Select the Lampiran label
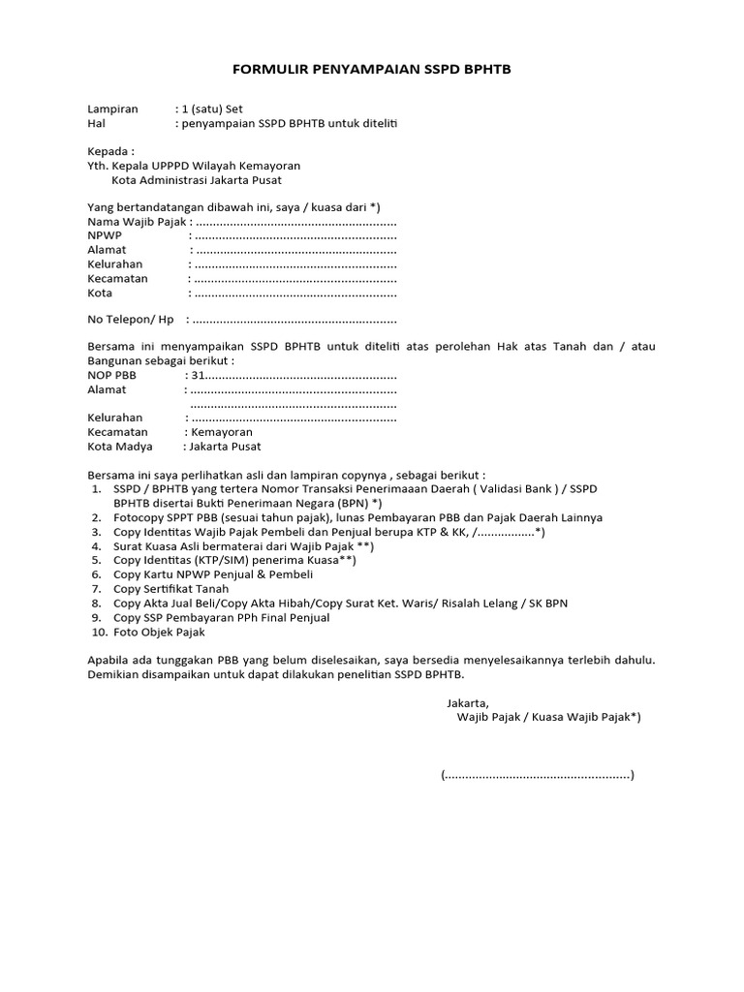click(112, 109)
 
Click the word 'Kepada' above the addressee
click(108, 151)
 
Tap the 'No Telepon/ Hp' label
click(130, 320)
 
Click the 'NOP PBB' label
click(112, 375)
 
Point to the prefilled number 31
click(197, 375)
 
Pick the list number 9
click(96, 617)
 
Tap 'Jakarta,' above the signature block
click(468, 703)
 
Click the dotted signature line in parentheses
click(537, 775)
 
